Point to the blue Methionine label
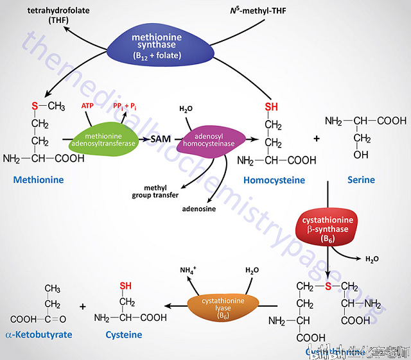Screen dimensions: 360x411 39,180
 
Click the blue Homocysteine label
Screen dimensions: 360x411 274,180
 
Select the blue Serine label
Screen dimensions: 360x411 361,180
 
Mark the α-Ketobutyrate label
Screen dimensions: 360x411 39,335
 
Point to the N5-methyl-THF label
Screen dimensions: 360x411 258,11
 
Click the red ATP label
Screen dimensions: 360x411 88,106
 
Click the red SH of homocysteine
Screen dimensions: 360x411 272,107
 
